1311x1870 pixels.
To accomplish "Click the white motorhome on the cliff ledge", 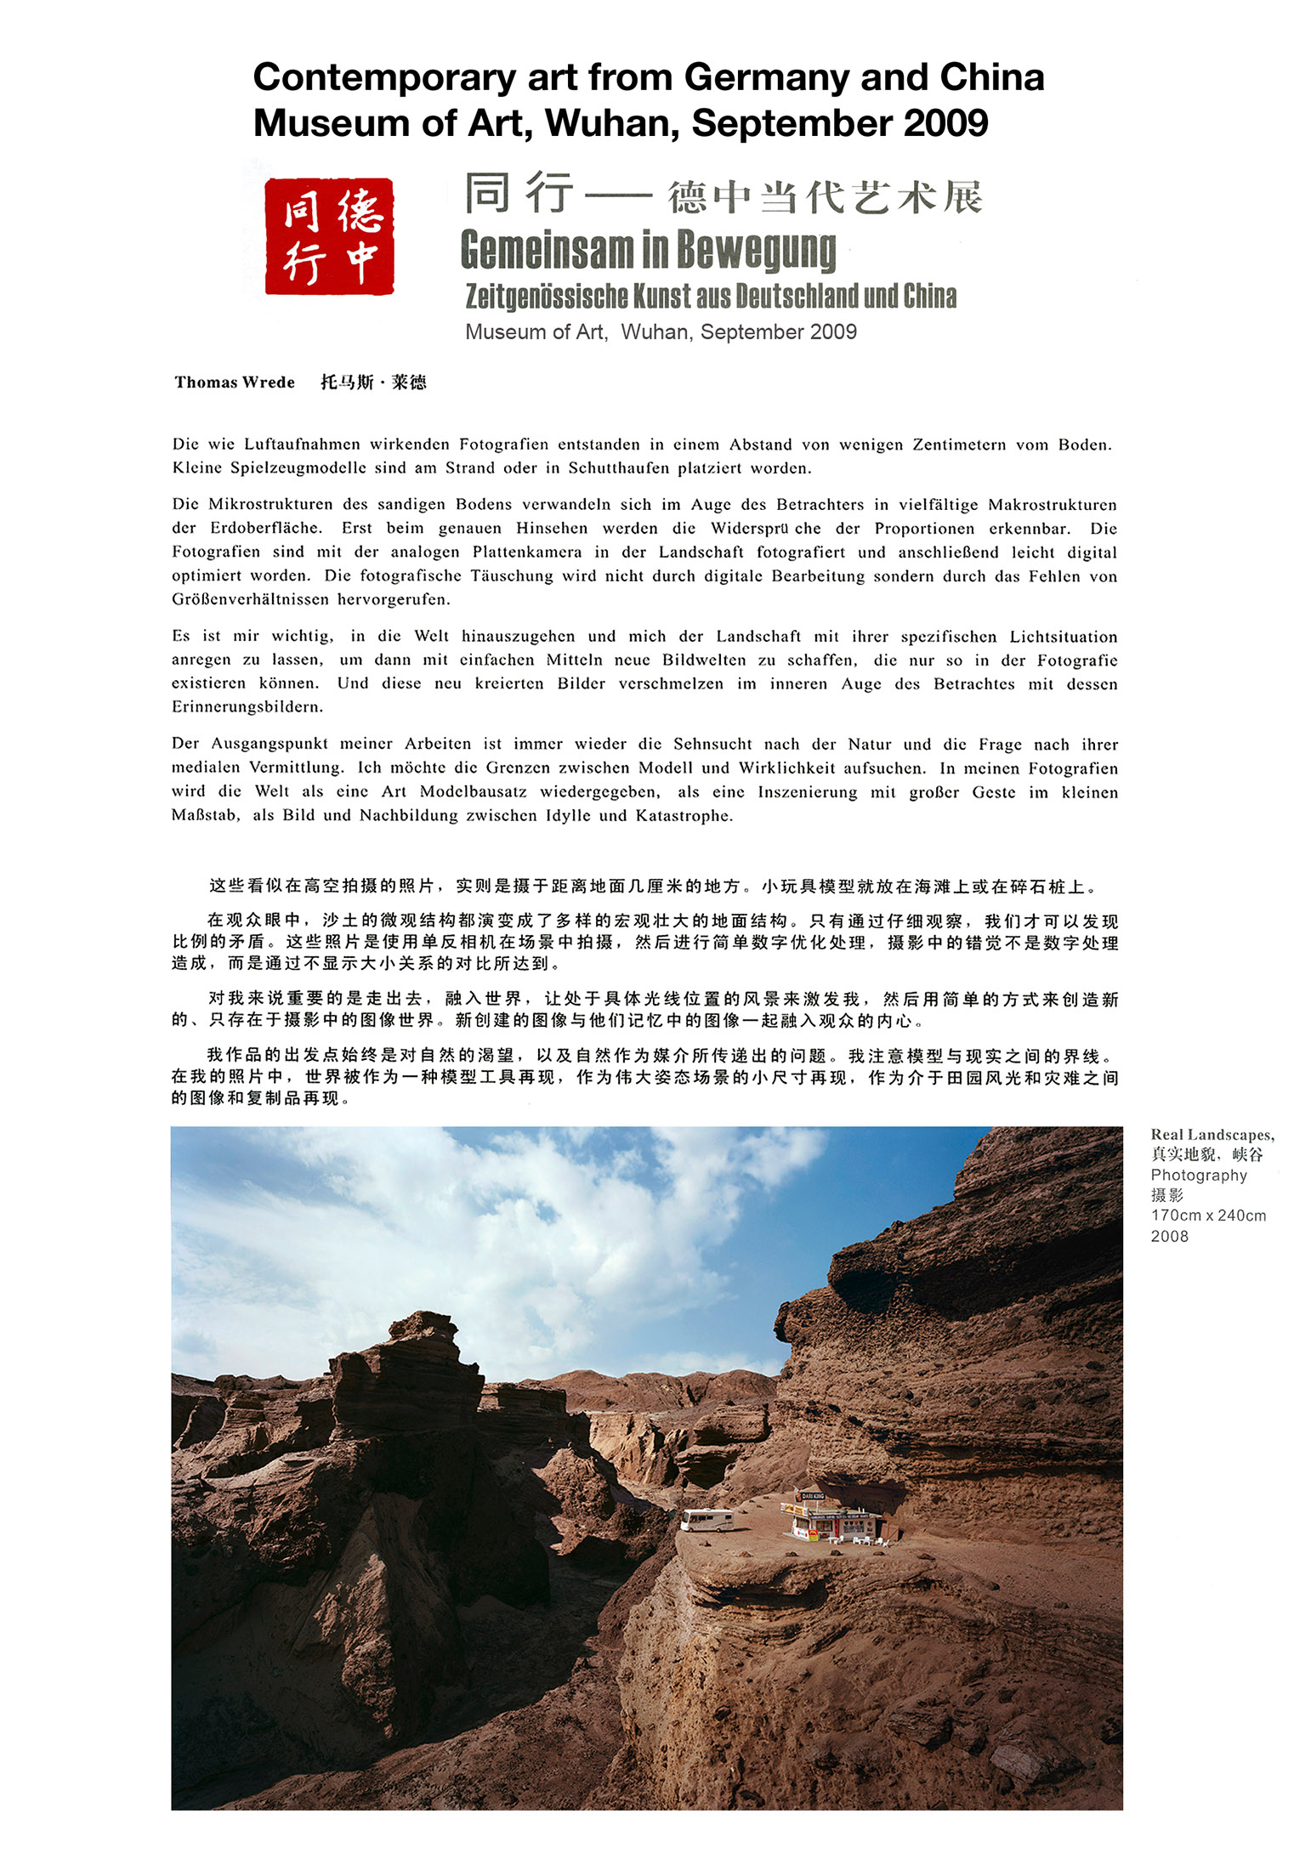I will (x=707, y=1519).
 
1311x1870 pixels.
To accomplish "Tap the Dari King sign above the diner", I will (x=813, y=1495).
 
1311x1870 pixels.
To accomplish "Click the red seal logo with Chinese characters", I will (x=329, y=236).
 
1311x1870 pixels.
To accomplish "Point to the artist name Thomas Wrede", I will (x=235, y=382).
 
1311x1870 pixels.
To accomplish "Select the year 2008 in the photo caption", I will (x=1169, y=1237).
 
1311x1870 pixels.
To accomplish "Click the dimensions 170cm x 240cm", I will (x=1208, y=1215).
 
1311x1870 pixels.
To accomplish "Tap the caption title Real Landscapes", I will (x=1211, y=1135).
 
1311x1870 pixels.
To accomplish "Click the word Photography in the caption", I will (x=1198, y=1176).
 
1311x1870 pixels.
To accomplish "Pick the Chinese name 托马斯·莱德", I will (x=373, y=382).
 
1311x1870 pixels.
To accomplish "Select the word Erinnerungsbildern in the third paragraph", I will (x=247, y=707).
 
